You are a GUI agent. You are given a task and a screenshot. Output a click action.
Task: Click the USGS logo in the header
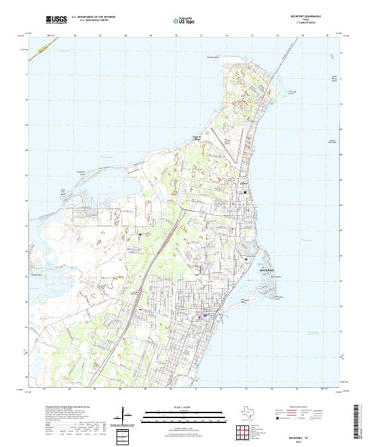coord(56,20)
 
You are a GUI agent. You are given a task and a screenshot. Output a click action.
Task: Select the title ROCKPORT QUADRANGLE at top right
coord(313,17)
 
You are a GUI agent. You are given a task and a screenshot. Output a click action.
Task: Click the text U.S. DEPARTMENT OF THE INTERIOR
coord(93,17)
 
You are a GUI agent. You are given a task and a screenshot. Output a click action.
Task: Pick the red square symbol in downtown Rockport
coord(199,318)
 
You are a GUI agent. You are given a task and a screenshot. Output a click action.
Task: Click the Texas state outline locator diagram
coord(250,414)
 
